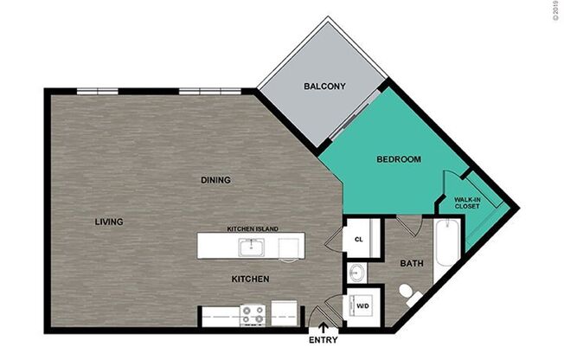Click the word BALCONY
[324, 87]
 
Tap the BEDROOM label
[399, 159]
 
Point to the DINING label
[215, 180]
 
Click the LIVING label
[108, 222]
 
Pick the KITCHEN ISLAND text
[253, 228]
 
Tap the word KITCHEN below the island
[250, 280]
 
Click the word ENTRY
[323, 340]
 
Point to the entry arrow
[323, 327]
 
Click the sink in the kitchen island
[253, 247]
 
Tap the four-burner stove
[252, 313]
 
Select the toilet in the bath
[409, 293]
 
